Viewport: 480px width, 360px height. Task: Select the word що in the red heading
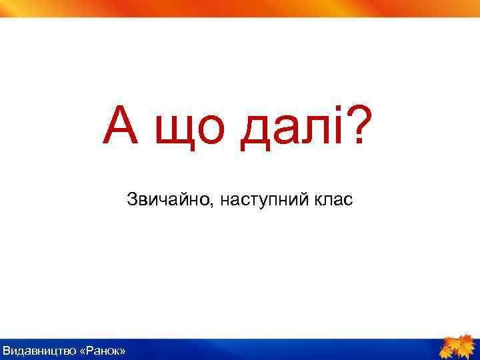point(179,131)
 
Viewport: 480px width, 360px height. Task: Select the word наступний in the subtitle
point(262,199)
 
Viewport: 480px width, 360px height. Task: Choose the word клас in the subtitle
point(330,199)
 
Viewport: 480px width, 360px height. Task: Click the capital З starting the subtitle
point(131,199)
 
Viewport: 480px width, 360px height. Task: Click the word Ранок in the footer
point(102,351)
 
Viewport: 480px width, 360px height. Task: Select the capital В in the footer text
point(7,351)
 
